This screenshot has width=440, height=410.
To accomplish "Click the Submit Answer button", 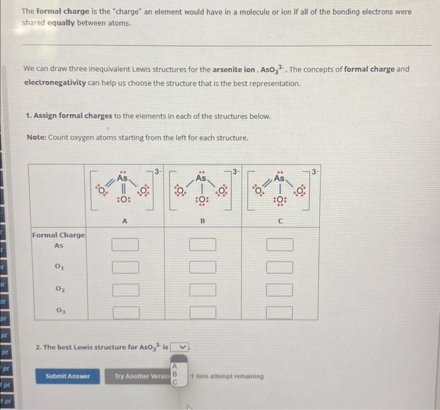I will [68, 376].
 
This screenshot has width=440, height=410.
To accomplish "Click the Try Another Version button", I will [141, 376].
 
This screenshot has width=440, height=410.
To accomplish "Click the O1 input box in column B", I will [202, 267].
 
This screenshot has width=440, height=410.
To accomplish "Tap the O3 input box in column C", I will [279, 311].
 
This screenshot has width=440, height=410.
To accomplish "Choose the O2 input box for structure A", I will [125, 289].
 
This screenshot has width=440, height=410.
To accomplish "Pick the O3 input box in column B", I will [202, 311].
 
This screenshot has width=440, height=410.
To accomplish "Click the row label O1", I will [59, 266].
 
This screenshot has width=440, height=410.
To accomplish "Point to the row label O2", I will [59, 289].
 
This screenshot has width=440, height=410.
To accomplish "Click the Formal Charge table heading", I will [59, 235].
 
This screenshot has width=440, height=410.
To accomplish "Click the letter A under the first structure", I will [124, 220].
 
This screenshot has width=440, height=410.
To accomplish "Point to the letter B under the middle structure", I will [202, 220].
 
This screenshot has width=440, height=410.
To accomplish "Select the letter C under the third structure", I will [280, 220].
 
